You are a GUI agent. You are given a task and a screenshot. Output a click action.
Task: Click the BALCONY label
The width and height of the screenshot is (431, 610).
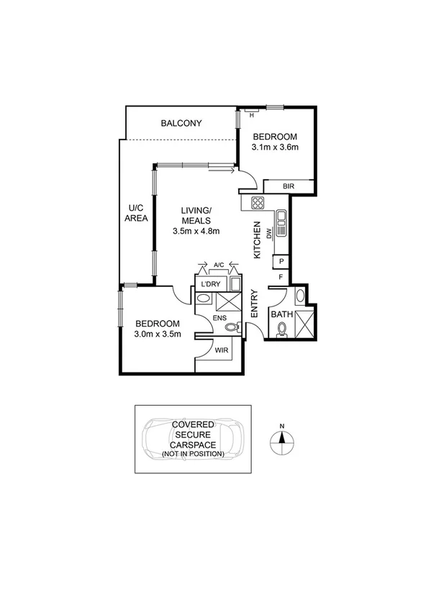coord(181,124)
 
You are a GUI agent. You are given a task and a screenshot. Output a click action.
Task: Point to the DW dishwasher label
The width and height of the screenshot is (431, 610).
coord(268,233)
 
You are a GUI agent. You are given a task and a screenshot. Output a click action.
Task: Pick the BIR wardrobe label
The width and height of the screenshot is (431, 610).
coord(288,187)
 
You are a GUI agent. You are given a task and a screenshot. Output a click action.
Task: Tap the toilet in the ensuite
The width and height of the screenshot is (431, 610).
coord(230,328)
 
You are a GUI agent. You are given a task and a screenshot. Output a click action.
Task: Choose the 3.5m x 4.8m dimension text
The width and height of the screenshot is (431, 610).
coord(196,231)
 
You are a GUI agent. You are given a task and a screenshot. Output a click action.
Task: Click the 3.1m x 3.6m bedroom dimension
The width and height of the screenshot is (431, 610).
coord(275,147)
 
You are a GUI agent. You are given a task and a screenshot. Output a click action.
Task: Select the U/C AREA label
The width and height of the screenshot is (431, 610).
coord(136,213)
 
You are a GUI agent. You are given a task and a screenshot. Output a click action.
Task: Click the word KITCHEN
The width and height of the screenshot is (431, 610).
coord(256,240)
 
